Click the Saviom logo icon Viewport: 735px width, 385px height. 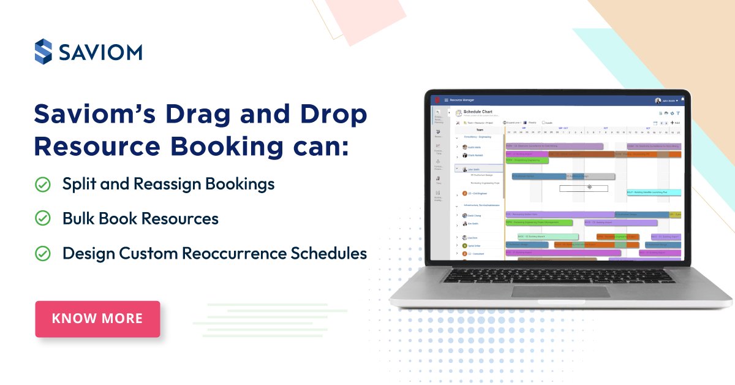click(x=43, y=51)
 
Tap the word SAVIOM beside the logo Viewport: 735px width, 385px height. click(x=100, y=52)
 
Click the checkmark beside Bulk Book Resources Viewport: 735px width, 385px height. click(x=43, y=218)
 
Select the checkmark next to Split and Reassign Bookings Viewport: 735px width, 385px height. click(x=43, y=184)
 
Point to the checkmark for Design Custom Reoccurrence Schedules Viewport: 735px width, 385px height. click(x=43, y=253)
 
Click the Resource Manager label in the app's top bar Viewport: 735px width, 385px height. click(x=462, y=100)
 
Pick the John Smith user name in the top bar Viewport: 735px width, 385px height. click(x=668, y=101)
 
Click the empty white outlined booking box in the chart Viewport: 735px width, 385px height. click(x=583, y=188)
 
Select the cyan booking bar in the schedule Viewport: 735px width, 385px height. click(x=654, y=192)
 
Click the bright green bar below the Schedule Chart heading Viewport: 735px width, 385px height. click(x=527, y=161)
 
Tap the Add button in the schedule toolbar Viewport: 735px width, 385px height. click(x=676, y=123)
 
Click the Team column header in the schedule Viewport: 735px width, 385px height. click(x=480, y=130)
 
